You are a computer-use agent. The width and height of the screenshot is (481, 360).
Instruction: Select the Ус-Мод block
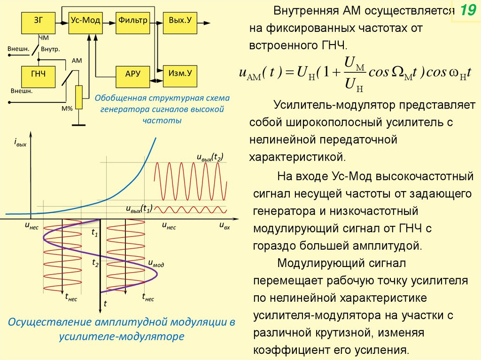(x=86, y=21)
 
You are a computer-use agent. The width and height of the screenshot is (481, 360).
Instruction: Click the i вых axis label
(x=20, y=142)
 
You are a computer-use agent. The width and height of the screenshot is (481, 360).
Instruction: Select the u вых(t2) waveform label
(x=209, y=157)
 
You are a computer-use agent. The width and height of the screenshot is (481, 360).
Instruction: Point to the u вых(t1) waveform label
(x=139, y=209)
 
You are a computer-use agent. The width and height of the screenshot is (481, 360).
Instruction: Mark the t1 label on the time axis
(x=94, y=232)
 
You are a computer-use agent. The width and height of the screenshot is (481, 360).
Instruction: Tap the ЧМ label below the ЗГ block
(x=43, y=38)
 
